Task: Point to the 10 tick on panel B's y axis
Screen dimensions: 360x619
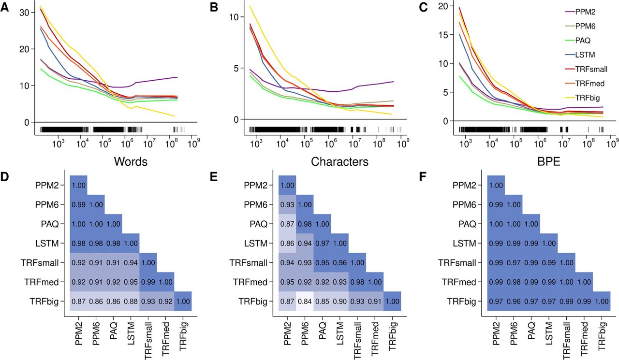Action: (234, 17)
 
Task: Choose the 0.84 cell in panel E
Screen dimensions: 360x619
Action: (305, 301)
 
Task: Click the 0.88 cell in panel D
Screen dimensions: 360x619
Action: (131, 301)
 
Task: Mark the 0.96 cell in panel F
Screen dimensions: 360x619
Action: (513, 301)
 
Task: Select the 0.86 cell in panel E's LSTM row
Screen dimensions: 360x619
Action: (287, 243)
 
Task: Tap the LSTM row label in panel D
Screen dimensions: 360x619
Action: (48, 243)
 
